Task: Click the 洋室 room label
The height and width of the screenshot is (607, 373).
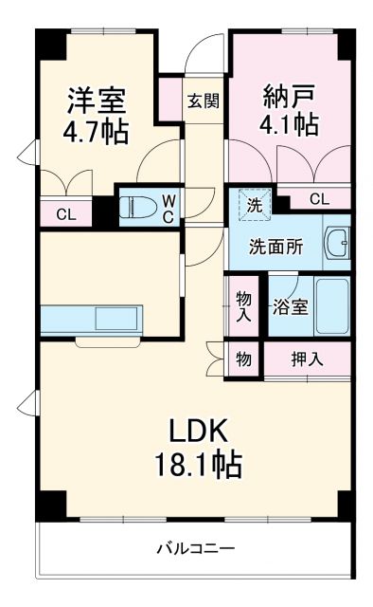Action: tap(95, 99)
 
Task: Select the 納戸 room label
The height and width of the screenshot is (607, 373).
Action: tap(289, 99)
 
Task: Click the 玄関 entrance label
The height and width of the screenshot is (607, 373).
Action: tap(202, 100)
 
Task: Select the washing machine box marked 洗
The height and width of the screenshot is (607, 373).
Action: tap(255, 203)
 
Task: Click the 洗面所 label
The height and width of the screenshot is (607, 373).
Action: tap(275, 246)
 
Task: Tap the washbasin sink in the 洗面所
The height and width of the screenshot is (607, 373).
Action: tap(336, 243)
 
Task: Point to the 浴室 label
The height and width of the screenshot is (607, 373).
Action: tap(290, 306)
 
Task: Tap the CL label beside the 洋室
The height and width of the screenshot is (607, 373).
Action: tap(64, 214)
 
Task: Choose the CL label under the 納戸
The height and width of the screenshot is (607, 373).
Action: tap(319, 199)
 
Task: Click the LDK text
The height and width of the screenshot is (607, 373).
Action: tap(199, 432)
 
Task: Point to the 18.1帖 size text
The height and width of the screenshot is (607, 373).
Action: tap(199, 466)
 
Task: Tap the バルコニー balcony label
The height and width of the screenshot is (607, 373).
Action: tap(195, 549)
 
